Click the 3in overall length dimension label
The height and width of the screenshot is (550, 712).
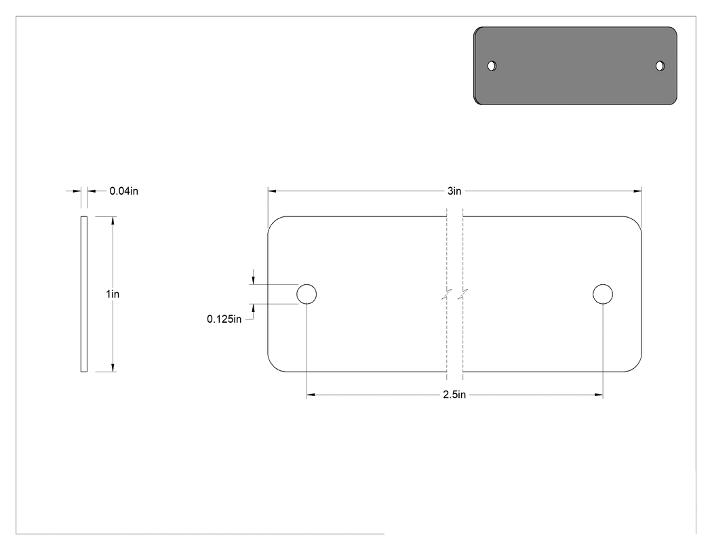click(x=454, y=191)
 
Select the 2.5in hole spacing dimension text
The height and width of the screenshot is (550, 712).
click(x=454, y=395)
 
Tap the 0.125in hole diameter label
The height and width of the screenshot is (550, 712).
click(x=224, y=319)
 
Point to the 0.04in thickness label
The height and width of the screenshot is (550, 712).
click(x=123, y=191)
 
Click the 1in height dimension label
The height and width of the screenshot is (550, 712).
click(x=113, y=294)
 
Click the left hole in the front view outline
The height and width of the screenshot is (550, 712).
click(x=306, y=294)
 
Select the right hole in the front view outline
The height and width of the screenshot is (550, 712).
click(x=603, y=294)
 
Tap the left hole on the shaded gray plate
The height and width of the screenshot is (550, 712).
click(x=492, y=66)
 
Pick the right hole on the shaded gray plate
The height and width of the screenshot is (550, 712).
click(x=660, y=66)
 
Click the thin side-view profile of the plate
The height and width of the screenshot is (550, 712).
click(x=84, y=294)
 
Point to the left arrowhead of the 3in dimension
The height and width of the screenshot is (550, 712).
click(x=272, y=191)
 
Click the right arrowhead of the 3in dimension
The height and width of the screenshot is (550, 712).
click(x=637, y=191)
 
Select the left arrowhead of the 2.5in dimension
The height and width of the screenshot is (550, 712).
click(x=311, y=395)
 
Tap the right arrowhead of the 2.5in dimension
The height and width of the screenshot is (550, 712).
click(x=599, y=395)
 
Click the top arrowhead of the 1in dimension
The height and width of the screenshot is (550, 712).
click(x=113, y=220)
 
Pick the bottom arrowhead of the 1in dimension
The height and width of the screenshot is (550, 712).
click(x=113, y=368)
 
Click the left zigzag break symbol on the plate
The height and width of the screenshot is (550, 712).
click(x=447, y=294)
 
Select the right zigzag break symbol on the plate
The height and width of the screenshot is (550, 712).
click(x=462, y=294)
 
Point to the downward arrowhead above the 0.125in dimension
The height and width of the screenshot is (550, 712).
click(x=254, y=280)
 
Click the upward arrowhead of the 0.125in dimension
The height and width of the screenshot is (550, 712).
click(x=254, y=309)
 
